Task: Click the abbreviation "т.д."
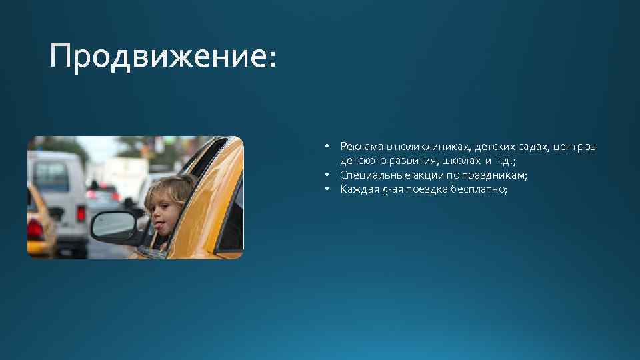505,161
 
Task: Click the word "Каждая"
357,190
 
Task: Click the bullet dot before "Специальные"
329,175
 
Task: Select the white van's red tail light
81,214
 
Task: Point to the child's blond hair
175,186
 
